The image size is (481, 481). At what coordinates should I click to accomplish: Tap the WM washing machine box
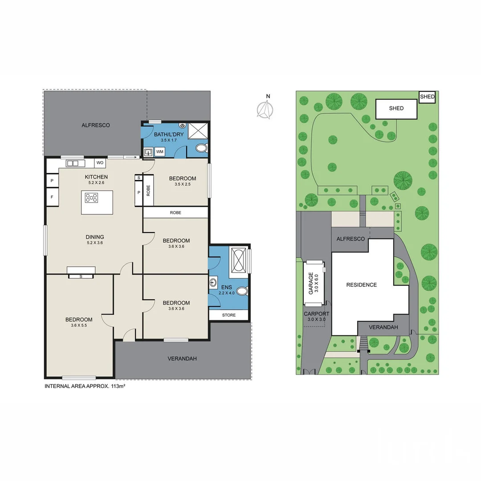click(x=160, y=152)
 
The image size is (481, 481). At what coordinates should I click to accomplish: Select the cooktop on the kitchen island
click(x=91, y=198)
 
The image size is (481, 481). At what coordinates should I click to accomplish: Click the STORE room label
click(x=228, y=315)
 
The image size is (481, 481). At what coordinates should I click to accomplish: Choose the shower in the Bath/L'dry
click(x=198, y=131)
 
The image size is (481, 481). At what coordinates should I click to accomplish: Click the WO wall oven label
click(x=100, y=163)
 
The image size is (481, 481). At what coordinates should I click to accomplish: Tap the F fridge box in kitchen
click(x=52, y=196)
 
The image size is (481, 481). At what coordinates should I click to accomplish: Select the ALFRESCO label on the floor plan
click(x=95, y=125)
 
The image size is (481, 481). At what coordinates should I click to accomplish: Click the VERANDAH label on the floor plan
click(x=182, y=359)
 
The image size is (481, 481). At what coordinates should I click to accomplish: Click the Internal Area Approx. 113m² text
click(x=85, y=386)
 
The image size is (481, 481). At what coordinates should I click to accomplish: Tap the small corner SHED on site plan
click(x=427, y=97)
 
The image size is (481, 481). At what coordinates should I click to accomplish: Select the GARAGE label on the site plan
click(x=310, y=283)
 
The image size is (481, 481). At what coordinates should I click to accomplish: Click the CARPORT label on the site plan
click(x=316, y=314)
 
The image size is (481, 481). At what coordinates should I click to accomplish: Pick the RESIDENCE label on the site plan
click(x=361, y=285)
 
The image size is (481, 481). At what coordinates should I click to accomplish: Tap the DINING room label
click(x=95, y=237)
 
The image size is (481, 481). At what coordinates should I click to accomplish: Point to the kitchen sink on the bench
click(x=75, y=163)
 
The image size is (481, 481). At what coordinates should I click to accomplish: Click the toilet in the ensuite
click(x=242, y=291)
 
